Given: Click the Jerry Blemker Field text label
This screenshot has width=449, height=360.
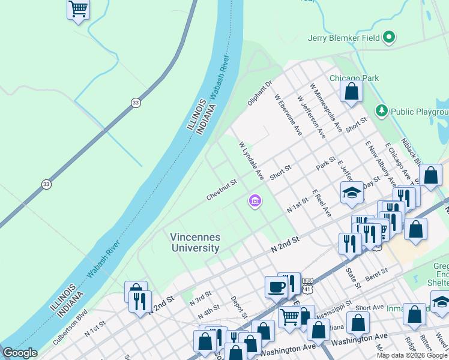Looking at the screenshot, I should pos(344,37).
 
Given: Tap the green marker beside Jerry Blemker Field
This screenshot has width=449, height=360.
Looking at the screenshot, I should pos(389,37).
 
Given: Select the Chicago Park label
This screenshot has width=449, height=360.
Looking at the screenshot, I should pos(354,78).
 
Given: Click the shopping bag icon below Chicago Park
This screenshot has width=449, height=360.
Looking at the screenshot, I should pos(352,92).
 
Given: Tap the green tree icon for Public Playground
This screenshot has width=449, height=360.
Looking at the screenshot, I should pos(381,111).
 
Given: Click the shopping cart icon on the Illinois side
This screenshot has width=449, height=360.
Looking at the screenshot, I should pos(78,9).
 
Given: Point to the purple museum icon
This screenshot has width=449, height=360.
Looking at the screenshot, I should pos(255,201).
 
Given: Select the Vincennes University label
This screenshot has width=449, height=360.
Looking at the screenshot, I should pos(195,242).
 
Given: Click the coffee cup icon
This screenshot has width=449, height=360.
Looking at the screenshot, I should pos(276,287).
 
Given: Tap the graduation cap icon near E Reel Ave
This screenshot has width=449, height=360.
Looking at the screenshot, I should pos(352,193).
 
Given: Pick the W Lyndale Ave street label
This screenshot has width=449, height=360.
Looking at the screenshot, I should pos(252,161).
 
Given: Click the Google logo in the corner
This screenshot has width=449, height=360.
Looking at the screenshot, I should pos(19,353).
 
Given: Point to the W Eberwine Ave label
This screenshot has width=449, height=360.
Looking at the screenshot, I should pos(287,114).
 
